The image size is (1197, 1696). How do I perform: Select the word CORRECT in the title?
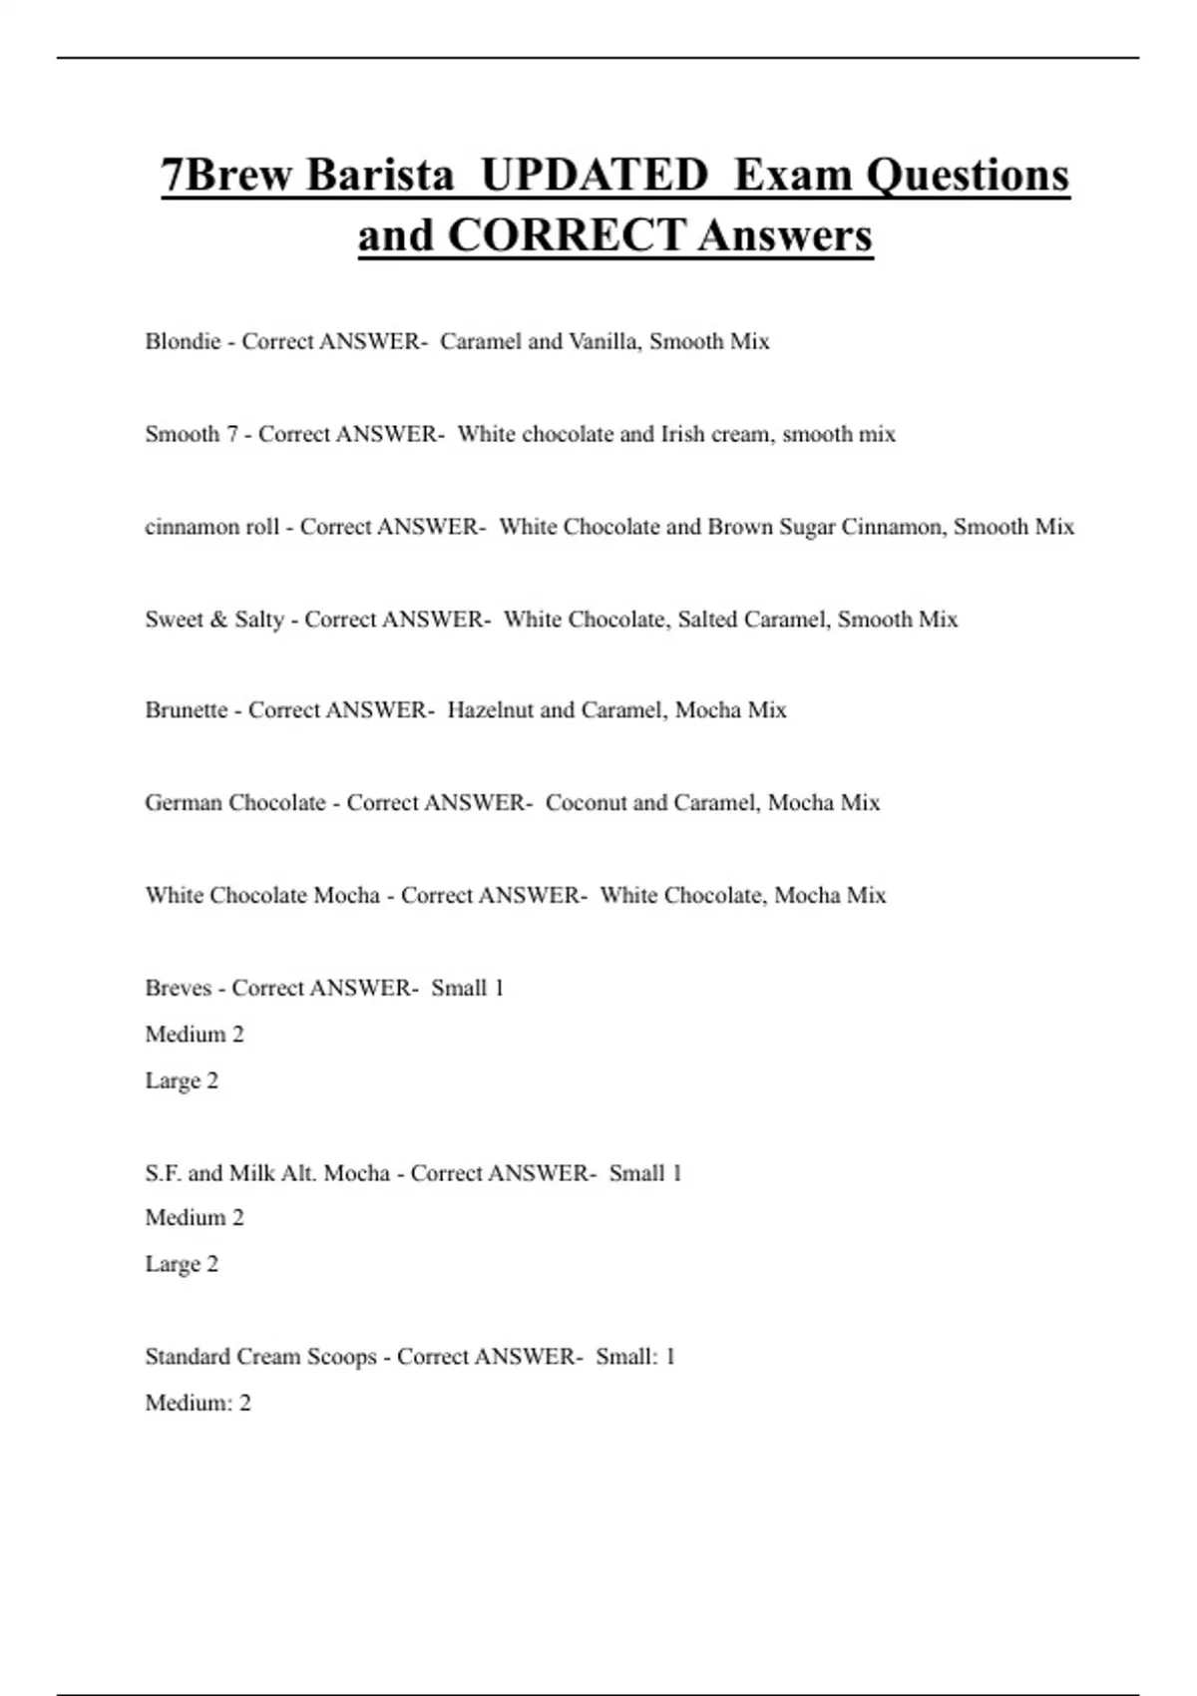[x=566, y=235]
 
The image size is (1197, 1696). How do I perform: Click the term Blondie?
[x=183, y=341]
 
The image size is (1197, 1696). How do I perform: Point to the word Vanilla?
[x=604, y=341]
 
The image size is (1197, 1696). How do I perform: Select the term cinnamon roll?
[x=211, y=527]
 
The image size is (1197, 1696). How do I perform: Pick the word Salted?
[x=709, y=620]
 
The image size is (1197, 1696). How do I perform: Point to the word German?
[x=185, y=803]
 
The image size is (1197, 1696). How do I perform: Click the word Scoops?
[x=342, y=1357]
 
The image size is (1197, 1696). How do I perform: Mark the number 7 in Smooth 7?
[x=231, y=434]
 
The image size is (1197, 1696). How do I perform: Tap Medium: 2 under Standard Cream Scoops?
[x=198, y=1403]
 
